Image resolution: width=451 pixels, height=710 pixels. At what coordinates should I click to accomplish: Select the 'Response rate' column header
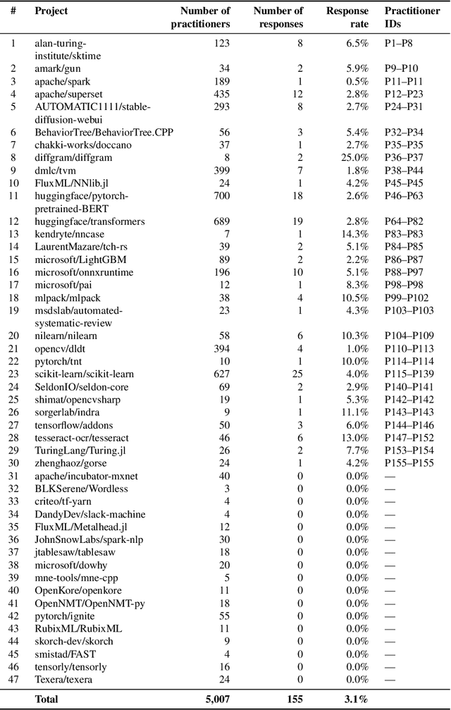347,17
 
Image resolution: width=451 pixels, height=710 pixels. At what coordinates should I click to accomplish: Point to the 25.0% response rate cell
354,158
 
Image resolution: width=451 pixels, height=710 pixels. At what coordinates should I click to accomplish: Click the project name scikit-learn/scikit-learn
84,374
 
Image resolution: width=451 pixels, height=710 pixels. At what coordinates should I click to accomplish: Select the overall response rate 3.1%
355,699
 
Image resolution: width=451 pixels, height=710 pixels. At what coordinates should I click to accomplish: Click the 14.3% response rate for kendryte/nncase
354,234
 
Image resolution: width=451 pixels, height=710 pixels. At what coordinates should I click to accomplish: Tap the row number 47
12,678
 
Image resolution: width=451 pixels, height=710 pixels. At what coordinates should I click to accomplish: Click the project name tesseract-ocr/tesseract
80,437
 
